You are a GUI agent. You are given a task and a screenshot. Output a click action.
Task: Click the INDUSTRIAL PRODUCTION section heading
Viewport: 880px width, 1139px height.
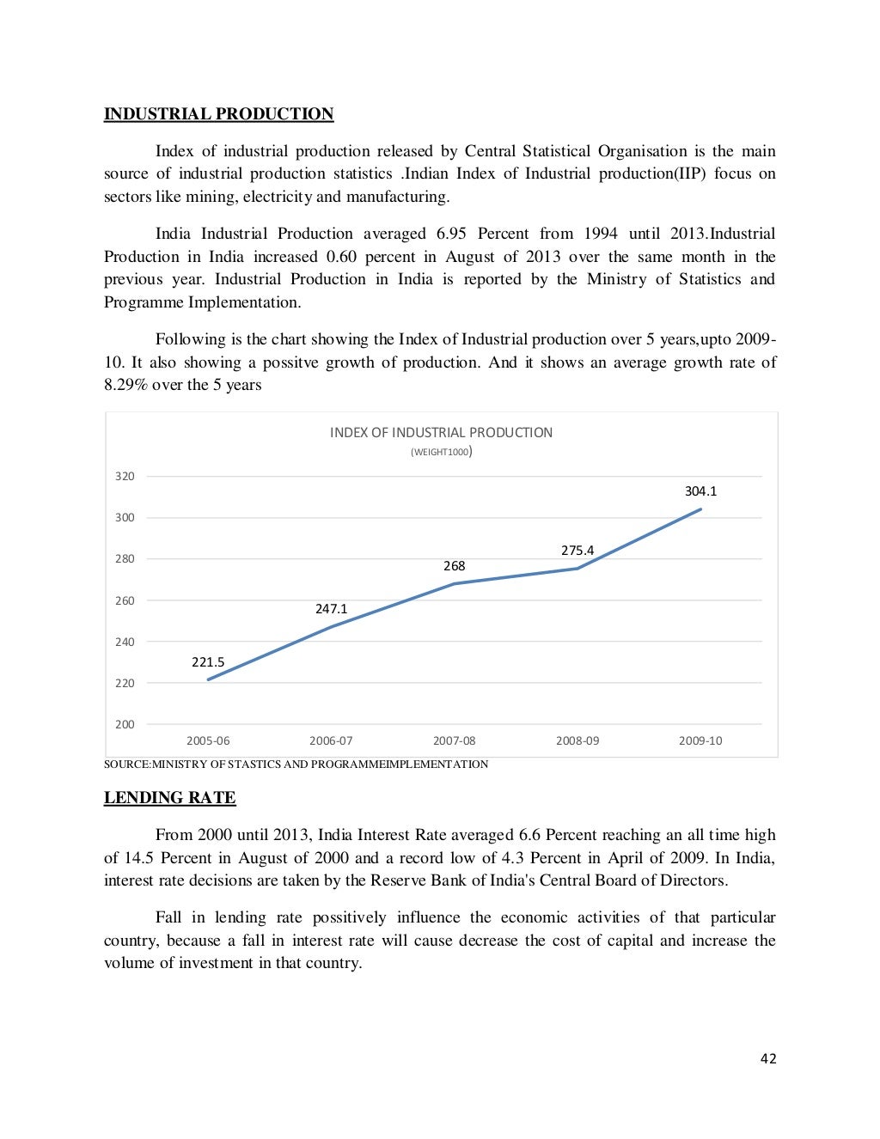218,114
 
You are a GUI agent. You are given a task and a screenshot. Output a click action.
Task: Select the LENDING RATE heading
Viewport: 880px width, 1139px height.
169,798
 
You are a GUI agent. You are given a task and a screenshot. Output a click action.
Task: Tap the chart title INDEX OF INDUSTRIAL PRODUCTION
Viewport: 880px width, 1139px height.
441,433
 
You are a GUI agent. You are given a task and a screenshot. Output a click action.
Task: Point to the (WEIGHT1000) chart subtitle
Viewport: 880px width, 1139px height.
441,452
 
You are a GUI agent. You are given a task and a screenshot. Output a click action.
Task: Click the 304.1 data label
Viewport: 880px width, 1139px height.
700,491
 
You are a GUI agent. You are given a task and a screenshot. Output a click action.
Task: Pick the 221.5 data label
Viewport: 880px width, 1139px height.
208,662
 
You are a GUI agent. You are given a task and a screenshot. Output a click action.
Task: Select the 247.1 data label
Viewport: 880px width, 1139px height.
331,609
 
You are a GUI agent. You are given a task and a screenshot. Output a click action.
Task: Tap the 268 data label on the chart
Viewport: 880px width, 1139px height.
454,566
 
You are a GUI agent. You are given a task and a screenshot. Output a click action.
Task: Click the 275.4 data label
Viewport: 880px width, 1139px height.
577,551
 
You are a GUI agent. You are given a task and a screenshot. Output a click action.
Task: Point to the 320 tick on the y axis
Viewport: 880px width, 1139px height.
125,476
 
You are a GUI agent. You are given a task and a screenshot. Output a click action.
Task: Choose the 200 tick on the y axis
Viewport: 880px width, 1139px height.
125,724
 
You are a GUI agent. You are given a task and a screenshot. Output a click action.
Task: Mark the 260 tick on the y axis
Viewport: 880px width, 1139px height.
125,600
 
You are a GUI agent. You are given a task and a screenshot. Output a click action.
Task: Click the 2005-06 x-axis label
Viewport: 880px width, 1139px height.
208,740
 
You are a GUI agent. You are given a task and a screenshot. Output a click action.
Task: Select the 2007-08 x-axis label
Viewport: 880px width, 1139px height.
454,740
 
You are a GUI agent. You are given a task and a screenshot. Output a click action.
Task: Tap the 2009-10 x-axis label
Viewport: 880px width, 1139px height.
700,740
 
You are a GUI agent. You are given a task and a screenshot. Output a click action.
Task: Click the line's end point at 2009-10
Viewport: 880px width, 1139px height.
700,509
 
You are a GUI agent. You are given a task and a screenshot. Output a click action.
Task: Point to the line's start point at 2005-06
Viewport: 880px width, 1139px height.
208,679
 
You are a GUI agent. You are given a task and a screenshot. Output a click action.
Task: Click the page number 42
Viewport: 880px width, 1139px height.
768,1059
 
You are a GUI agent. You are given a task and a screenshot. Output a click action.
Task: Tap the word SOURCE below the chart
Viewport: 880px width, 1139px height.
125,764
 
